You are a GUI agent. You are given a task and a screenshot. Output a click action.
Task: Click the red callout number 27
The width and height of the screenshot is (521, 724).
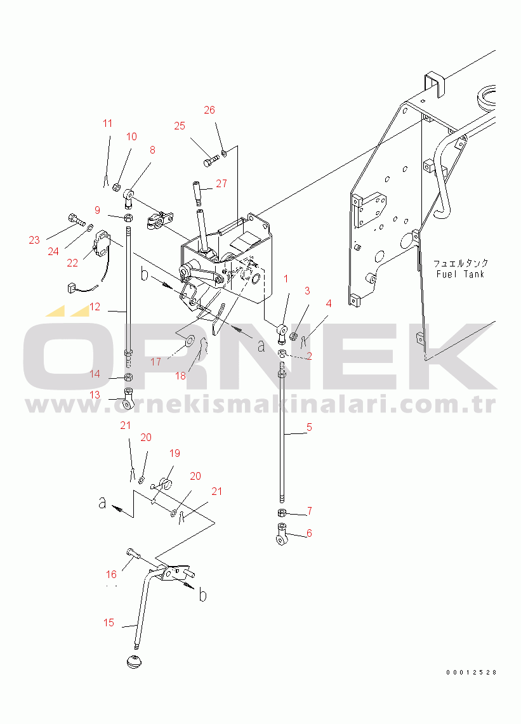(x=221, y=183)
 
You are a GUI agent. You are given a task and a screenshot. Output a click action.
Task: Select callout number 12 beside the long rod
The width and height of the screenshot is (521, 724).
(x=95, y=306)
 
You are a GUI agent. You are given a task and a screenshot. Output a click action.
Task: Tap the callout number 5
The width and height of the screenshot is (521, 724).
(x=310, y=428)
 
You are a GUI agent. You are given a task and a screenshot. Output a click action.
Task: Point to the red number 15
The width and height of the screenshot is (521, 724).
(x=109, y=622)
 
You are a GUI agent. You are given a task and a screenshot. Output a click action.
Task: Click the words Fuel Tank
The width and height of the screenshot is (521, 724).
(x=460, y=274)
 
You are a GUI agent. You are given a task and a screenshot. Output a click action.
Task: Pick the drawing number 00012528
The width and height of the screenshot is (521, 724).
(x=471, y=673)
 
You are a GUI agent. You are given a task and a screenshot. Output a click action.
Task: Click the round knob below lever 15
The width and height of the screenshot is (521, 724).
(x=134, y=661)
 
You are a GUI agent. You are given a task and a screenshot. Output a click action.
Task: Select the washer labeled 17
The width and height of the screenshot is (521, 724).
(x=189, y=342)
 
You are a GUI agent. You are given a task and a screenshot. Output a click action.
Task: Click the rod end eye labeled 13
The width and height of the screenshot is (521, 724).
(x=128, y=400)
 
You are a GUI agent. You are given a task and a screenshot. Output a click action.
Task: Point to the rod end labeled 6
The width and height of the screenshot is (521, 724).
(x=282, y=533)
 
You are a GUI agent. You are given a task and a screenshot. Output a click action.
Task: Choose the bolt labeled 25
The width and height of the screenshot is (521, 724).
(x=211, y=161)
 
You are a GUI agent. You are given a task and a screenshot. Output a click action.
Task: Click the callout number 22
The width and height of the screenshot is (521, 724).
(x=72, y=263)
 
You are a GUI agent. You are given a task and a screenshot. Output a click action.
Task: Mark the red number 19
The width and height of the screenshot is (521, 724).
(x=175, y=453)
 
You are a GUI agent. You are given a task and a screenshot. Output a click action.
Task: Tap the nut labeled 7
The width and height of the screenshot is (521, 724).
(x=282, y=513)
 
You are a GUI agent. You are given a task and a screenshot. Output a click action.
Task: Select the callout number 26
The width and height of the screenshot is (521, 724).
(x=209, y=110)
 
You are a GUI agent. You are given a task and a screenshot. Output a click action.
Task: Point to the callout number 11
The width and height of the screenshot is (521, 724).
(x=108, y=123)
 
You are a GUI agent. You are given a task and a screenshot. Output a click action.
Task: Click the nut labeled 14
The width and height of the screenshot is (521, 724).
(x=129, y=376)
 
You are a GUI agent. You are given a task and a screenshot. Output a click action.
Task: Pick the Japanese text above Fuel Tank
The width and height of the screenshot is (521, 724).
(x=461, y=263)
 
